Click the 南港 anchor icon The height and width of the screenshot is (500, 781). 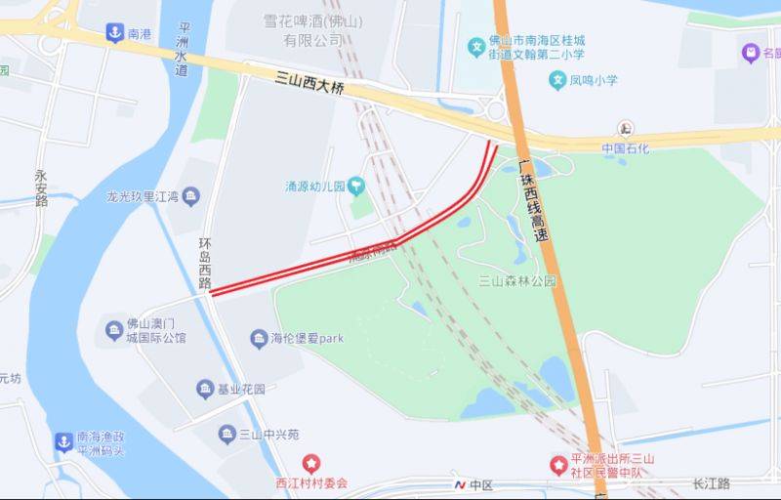tap(114, 34)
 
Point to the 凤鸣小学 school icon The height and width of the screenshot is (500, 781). tap(557, 81)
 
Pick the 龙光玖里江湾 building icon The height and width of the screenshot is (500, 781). tap(191, 197)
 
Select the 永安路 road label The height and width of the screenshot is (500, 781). tap(41, 187)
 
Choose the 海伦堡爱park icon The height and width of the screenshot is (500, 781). tap(259, 339)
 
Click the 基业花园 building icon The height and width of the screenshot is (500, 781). tap(205, 390)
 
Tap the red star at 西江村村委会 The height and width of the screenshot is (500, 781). tap(310, 462)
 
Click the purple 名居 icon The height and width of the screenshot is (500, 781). tap(750, 53)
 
